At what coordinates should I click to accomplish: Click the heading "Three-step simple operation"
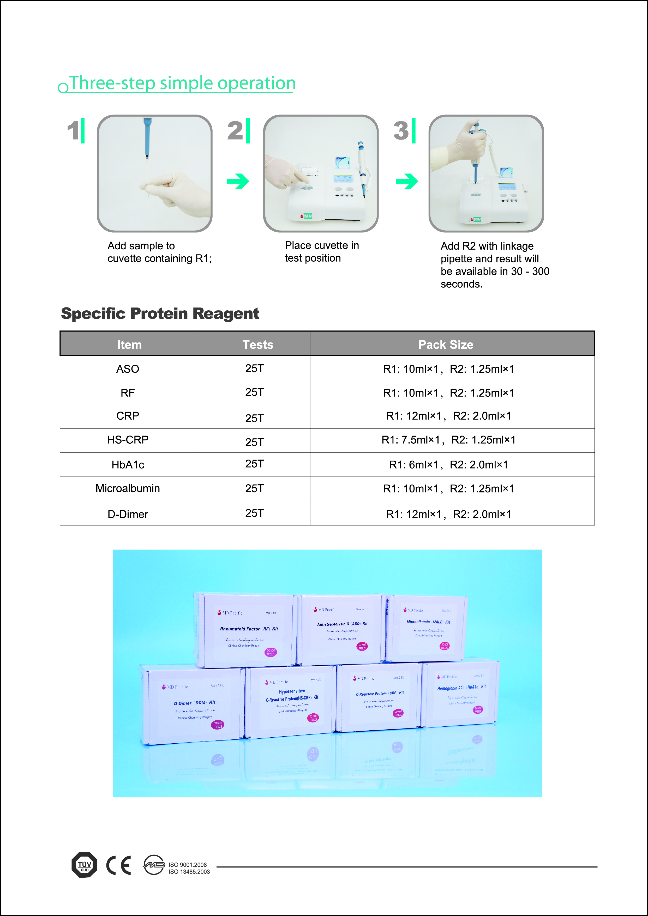pyautogui.click(x=182, y=83)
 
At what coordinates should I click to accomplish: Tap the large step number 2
pyautogui.click(x=235, y=130)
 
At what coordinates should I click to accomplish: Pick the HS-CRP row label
pyautogui.click(x=128, y=440)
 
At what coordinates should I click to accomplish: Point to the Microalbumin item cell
pyautogui.click(x=128, y=488)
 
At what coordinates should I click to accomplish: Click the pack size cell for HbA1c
pyautogui.click(x=448, y=464)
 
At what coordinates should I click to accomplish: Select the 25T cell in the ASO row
pyautogui.click(x=254, y=368)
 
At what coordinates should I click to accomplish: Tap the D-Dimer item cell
pyautogui.click(x=128, y=514)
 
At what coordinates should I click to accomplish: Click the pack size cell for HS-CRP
pyautogui.click(x=448, y=440)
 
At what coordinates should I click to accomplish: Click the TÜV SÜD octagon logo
pyautogui.click(x=84, y=865)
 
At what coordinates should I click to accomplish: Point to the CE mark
pyautogui.click(x=118, y=865)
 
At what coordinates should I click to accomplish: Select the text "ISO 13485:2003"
pyautogui.click(x=189, y=872)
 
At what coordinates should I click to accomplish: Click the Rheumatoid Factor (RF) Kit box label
pyautogui.click(x=249, y=629)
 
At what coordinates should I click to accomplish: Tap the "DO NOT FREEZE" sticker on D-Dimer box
pyautogui.click(x=218, y=725)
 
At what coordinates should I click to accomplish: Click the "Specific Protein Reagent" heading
pyautogui.click(x=160, y=314)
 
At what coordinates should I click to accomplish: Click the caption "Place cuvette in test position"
pyautogui.click(x=322, y=252)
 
